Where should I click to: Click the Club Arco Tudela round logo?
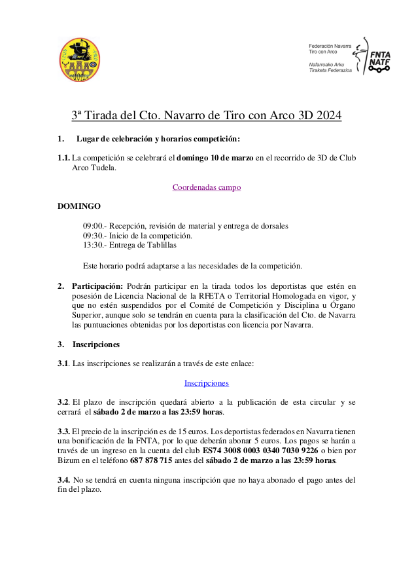tap(80, 60)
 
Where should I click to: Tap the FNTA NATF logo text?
tap(379, 60)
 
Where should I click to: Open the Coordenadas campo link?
tap(207, 187)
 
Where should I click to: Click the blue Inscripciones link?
tap(207, 382)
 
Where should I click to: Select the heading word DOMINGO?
tap(79, 206)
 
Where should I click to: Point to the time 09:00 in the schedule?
tap(92, 226)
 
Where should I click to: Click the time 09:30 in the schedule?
tap(92, 235)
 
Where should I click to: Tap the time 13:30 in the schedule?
tap(92, 245)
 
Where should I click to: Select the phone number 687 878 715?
tap(151, 460)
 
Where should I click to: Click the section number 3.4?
tap(64, 480)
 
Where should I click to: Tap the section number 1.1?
tap(64, 158)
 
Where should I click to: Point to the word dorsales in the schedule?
tap(272, 226)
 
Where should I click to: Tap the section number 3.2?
tap(63, 401)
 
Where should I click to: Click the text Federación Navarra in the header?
tap(330, 46)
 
